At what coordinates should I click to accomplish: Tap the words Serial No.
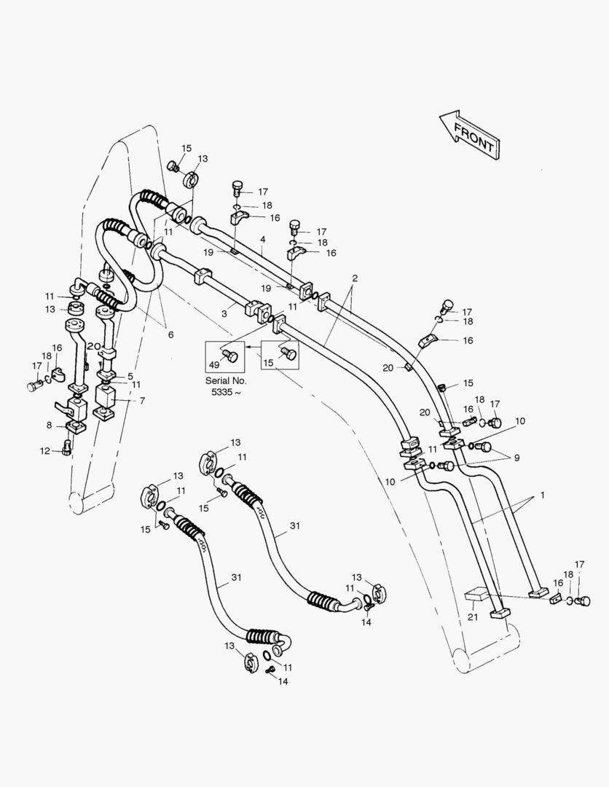pos(226,380)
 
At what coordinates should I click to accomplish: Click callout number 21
pos(472,617)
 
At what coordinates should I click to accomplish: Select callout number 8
pos(50,425)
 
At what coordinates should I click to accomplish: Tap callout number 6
pos(170,334)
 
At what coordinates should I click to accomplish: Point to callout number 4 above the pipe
pos(262,239)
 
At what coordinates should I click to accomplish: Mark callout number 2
pos(354,278)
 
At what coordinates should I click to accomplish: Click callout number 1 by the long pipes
pos(541,496)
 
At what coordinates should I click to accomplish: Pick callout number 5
pos(130,376)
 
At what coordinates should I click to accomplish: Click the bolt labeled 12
pos(67,447)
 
